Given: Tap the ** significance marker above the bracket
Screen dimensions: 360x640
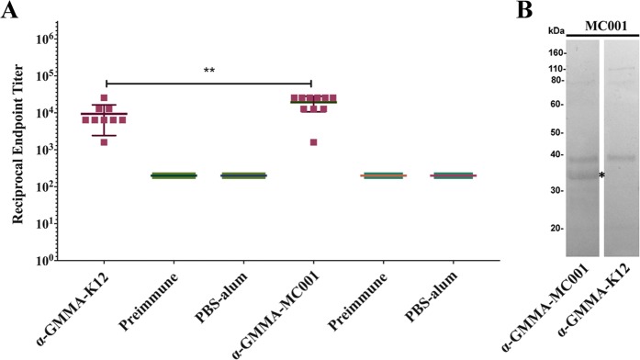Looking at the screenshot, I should coord(209,71).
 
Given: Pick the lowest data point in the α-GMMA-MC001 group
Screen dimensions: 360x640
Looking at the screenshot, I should coord(314,142).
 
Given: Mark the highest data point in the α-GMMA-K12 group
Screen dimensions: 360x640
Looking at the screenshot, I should coord(105,97).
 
